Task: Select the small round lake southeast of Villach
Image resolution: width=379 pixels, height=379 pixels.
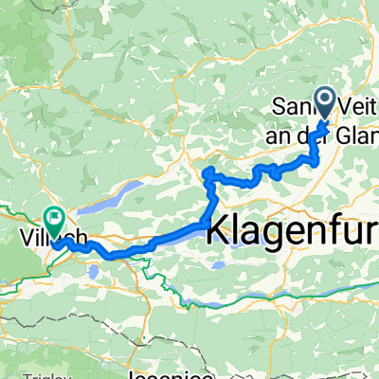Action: point(92,273)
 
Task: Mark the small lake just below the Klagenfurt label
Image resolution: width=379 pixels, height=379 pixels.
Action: point(219,266)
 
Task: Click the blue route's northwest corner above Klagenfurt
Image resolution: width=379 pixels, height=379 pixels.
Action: point(208,171)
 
